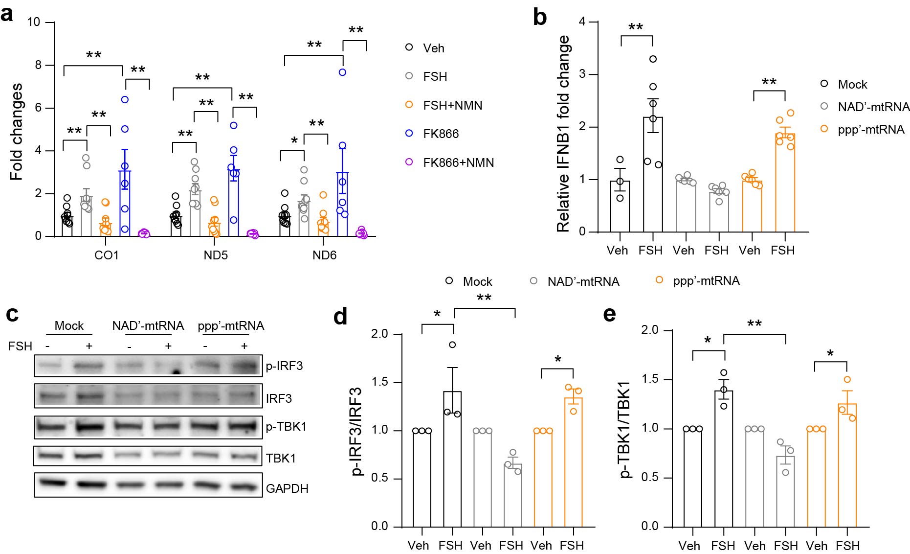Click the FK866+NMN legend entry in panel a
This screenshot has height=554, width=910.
[458, 162]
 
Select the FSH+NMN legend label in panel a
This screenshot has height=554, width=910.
[452, 105]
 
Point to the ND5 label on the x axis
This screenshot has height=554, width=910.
[216, 255]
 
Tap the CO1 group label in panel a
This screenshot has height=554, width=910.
[107, 255]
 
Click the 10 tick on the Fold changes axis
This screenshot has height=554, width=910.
[34, 22]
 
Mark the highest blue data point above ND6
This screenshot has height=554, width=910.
[343, 72]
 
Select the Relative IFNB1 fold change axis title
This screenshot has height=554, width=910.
[563, 133]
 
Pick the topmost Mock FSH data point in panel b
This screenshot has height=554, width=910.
[653, 59]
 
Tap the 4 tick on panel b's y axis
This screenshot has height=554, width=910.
[582, 22]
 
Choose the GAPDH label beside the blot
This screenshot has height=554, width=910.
[287, 488]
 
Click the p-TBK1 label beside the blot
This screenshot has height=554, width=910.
[286, 427]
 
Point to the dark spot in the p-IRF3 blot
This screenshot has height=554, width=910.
[177, 373]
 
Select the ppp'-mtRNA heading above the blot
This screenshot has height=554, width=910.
[231, 326]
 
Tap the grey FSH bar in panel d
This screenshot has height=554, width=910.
[513, 494]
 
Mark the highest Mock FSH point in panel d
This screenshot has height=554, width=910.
[452, 345]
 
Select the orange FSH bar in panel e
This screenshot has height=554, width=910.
[847, 465]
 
